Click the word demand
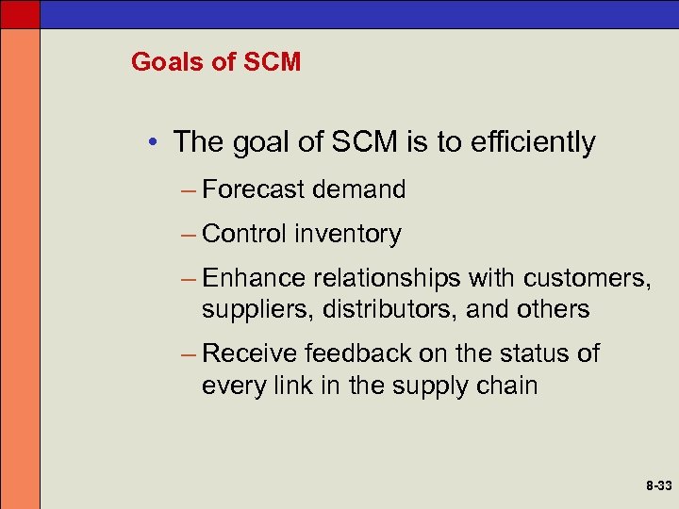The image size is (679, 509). tap(359, 189)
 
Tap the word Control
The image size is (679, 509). tap(244, 234)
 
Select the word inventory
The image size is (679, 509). tap(347, 234)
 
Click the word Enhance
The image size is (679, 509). tap(254, 279)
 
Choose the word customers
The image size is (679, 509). tap(585, 279)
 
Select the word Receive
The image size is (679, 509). tap(250, 354)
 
